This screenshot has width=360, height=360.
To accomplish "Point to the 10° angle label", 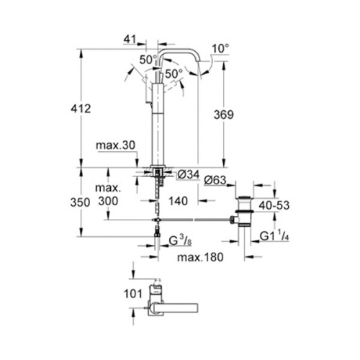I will tap(222, 50).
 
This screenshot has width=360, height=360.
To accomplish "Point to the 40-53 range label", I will tap(275, 205).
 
